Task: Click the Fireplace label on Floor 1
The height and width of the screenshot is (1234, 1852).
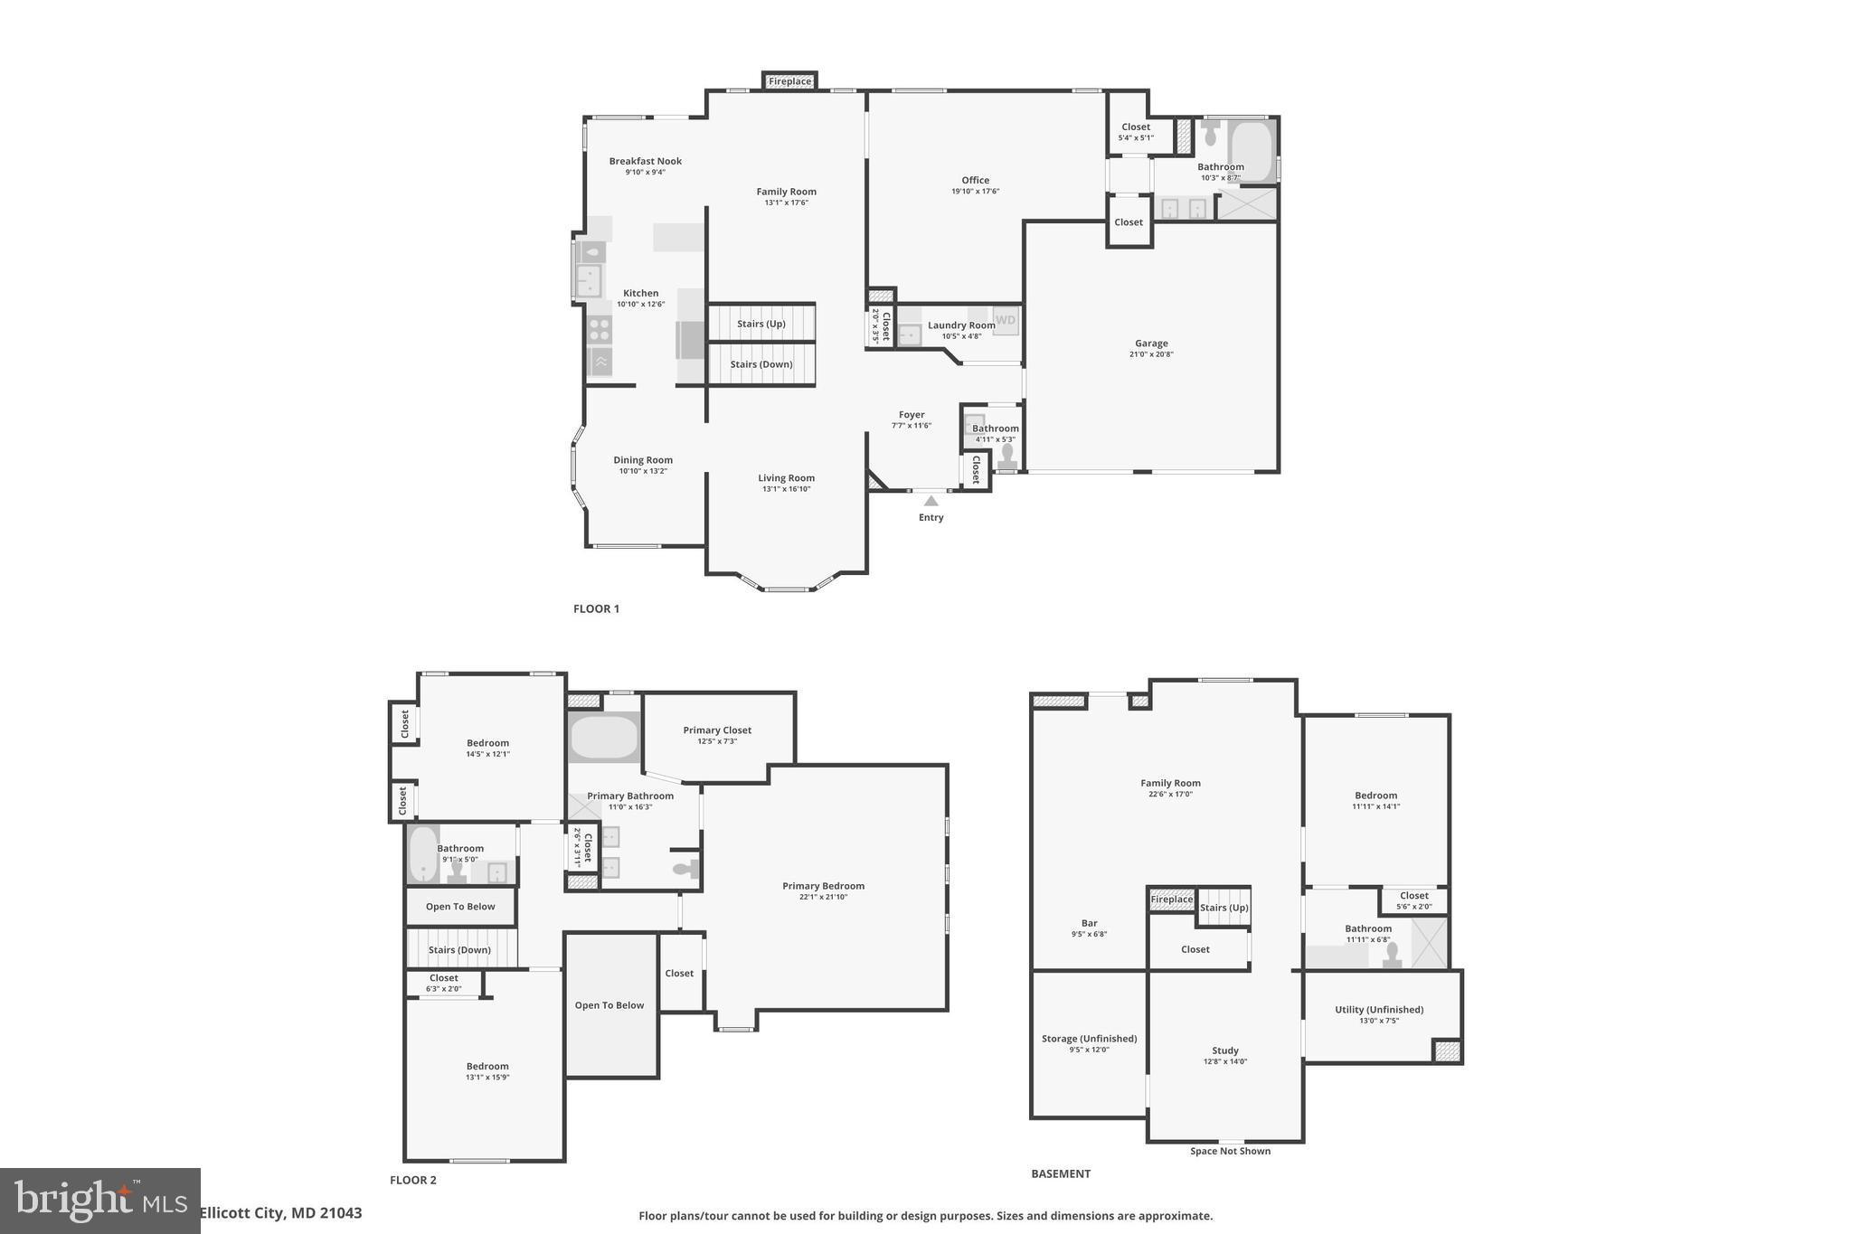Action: click(x=789, y=81)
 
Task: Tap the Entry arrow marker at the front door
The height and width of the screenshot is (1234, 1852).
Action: click(x=931, y=501)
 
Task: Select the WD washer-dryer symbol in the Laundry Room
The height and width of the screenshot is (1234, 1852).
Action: click(x=1006, y=320)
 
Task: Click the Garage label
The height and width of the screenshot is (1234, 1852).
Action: click(x=1151, y=344)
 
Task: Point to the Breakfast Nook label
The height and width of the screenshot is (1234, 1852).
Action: click(x=645, y=161)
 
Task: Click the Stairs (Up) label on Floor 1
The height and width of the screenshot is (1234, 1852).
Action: click(x=761, y=324)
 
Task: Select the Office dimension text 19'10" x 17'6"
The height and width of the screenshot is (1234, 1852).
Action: click(x=975, y=192)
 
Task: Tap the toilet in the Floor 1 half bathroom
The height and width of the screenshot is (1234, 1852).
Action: click(x=1007, y=455)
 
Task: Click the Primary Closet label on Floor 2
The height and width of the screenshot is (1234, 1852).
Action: click(x=717, y=730)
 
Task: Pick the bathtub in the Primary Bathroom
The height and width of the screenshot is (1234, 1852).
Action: click(x=604, y=737)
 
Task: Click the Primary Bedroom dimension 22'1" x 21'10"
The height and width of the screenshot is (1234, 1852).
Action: click(x=823, y=897)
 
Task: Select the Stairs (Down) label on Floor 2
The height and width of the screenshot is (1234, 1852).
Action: click(x=459, y=950)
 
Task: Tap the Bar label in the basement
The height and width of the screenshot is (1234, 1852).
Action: click(x=1089, y=923)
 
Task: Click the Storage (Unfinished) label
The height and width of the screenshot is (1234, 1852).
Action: click(x=1089, y=1039)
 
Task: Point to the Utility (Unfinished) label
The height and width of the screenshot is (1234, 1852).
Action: click(x=1378, y=1010)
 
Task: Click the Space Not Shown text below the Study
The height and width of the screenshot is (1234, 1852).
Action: click(x=1230, y=1151)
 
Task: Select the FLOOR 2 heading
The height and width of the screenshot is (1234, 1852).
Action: click(x=413, y=1180)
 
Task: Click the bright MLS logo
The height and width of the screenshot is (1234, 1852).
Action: click(x=99, y=1201)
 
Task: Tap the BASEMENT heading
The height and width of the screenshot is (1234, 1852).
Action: click(x=1061, y=1173)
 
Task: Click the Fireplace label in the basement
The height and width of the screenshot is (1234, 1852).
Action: click(x=1171, y=900)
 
